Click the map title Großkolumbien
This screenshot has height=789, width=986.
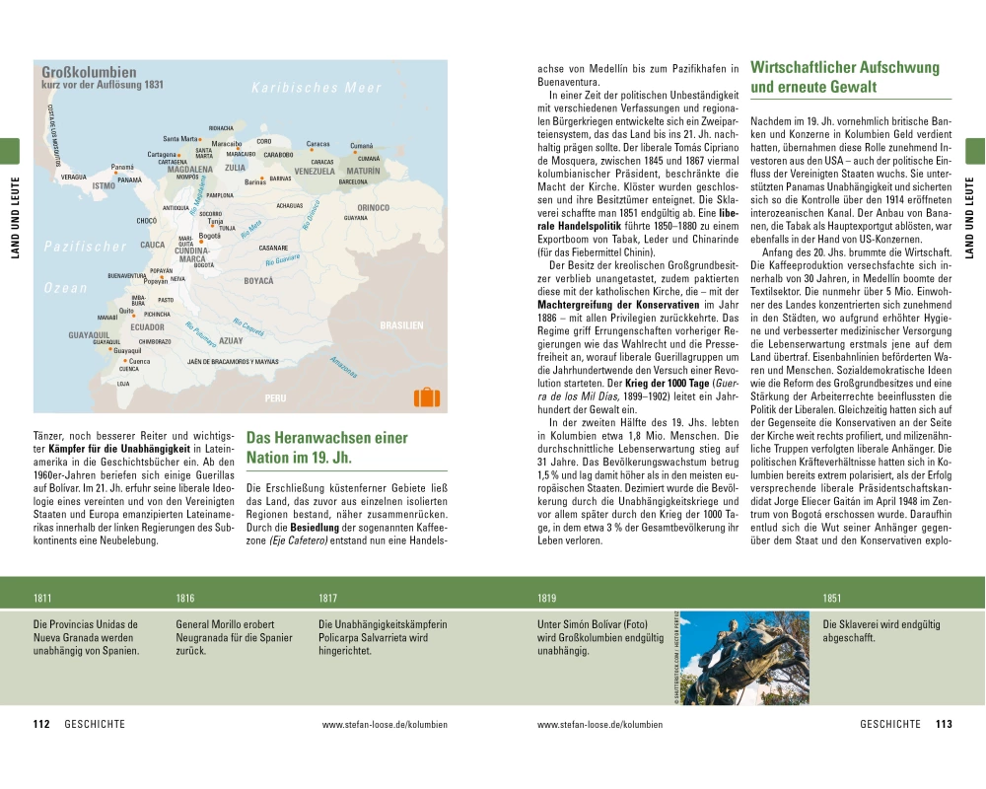click(89, 72)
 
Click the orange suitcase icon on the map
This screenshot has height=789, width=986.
click(426, 396)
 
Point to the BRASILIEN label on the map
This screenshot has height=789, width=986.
click(401, 325)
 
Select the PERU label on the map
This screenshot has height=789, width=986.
click(275, 398)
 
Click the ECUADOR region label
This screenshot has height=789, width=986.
click(147, 326)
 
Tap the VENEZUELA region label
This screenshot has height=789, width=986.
click(316, 171)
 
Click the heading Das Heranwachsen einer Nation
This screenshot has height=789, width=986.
click(326, 448)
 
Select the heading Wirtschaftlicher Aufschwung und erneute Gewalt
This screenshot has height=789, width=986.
click(845, 78)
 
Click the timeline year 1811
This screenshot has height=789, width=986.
click(42, 599)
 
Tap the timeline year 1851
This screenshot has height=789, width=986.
click(832, 599)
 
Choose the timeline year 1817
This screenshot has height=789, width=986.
click(328, 599)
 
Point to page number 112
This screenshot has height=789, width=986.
click(41, 724)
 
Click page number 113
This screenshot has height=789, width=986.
click(944, 724)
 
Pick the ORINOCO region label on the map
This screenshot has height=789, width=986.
click(374, 208)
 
